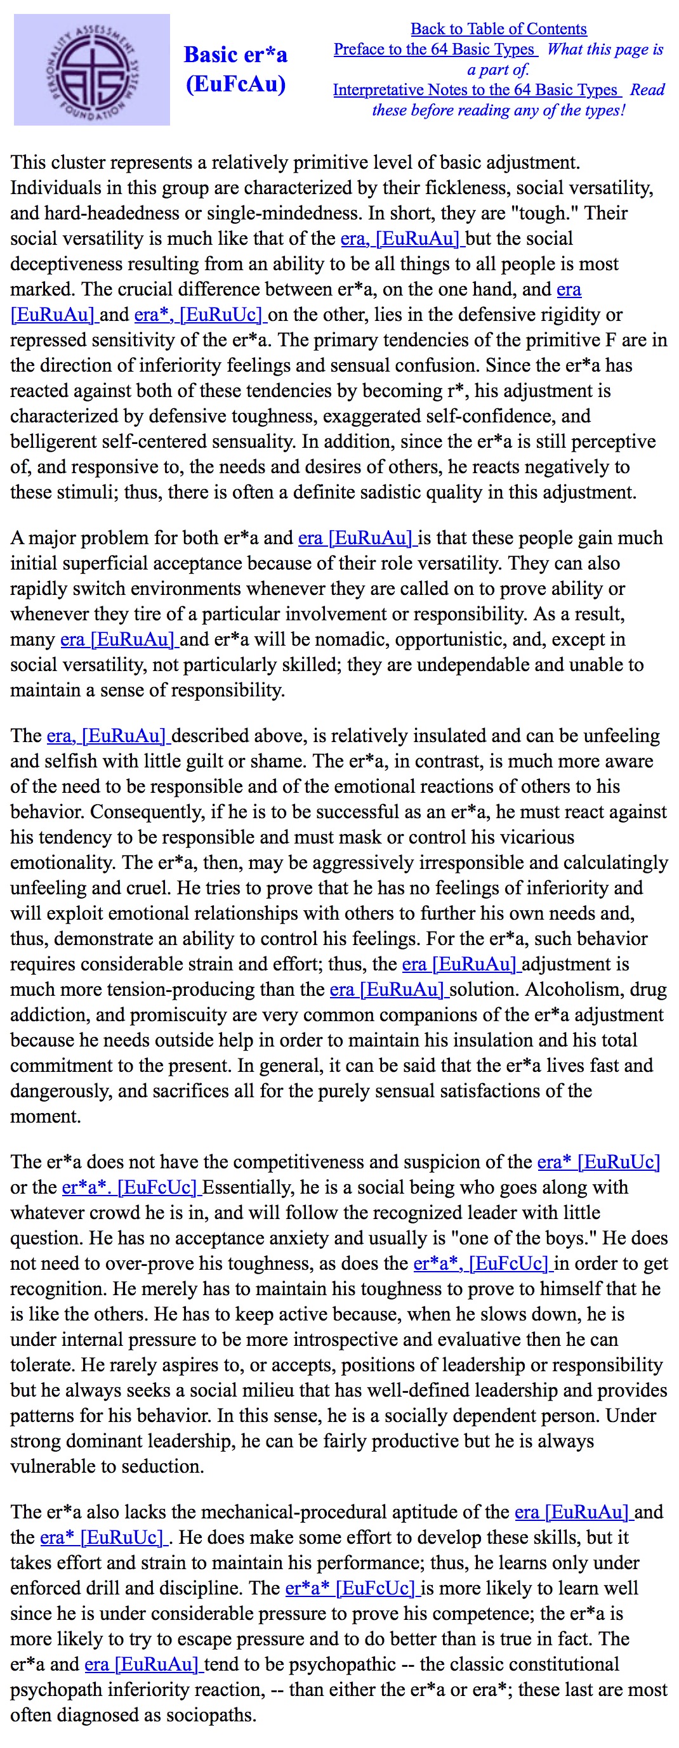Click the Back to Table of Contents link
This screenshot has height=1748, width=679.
pyautogui.click(x=498, y=29)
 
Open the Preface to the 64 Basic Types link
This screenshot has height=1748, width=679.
pyautogui.click(x=434, y=49)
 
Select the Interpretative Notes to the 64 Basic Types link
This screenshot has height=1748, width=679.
pyautogui.click(x=475, y=89)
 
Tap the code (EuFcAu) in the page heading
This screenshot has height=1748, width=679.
pyautogui.click(x=235, y=84)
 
